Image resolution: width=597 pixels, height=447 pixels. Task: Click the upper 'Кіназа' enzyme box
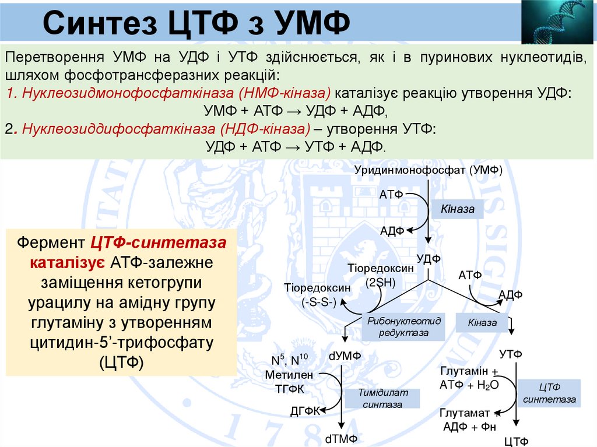[x=458, y=209]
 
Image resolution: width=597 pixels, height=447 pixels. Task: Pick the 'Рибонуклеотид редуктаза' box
[x=403, y=327]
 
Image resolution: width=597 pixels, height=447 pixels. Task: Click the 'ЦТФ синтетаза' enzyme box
[x=549, y=393]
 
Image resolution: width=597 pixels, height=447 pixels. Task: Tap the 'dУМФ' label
[x=345, y=356]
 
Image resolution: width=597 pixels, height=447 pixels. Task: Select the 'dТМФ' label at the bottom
[x=341, y=439]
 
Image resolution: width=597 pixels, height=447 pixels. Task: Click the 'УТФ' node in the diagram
[x=511, y=354]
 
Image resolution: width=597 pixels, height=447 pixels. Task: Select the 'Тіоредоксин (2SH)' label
[x=381, y=275]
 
